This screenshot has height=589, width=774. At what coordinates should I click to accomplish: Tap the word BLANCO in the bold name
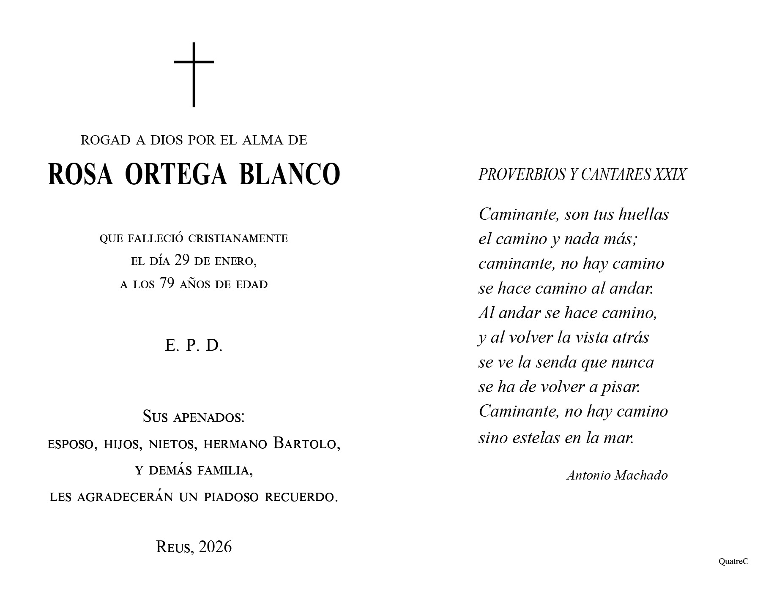click(290, 174)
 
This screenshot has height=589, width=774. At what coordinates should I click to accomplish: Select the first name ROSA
click(80, 174)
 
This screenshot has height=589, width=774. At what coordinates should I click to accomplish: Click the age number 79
click(167, 284)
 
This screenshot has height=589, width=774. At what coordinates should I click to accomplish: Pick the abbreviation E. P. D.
click(194, 346)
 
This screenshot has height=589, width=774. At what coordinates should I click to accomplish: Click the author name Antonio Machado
click(617, 475)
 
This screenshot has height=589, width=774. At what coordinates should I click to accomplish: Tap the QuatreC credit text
click(733, 562)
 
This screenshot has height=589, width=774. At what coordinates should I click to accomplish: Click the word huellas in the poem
click(643, 214)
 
